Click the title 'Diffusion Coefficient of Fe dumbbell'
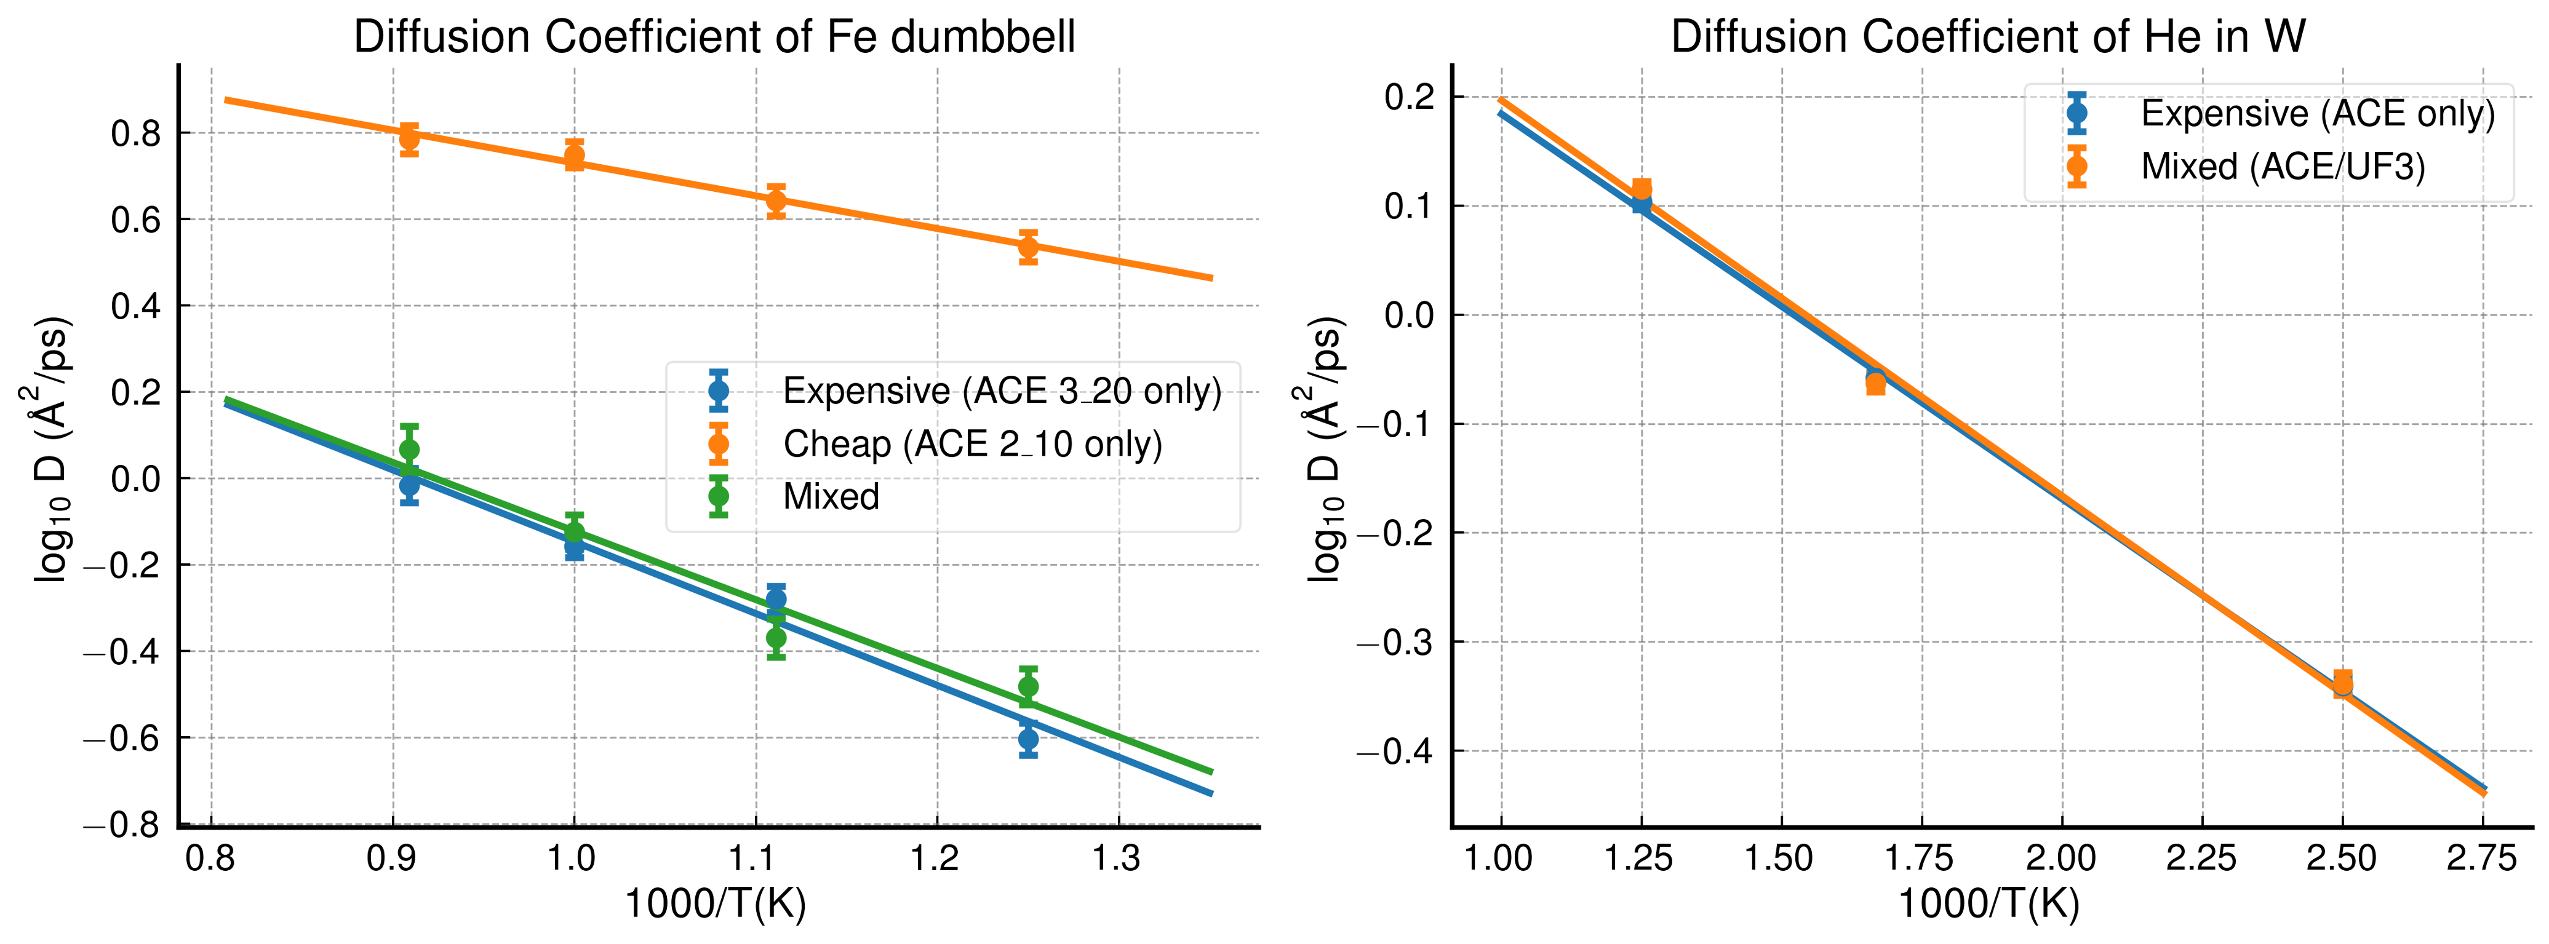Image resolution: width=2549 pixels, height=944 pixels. coord(714,37)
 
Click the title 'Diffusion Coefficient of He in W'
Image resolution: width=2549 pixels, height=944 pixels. coord(1988,37)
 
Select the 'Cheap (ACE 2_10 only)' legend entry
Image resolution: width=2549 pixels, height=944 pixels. coord(971,444)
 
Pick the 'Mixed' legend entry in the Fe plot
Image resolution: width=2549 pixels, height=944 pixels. coord(830,496)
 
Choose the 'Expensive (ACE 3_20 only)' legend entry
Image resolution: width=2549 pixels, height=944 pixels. coord(1002,391)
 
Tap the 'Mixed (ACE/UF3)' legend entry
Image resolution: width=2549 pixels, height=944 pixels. coord(2283,166)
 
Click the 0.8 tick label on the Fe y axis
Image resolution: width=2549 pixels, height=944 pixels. coord(137,133)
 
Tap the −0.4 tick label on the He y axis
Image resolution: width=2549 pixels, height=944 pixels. coord(1396,752)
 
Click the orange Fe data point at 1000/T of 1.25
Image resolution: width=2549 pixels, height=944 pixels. coord(1028,247)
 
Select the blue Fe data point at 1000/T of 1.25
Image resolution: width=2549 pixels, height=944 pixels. coord(1028,739)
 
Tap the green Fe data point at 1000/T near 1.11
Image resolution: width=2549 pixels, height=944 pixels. coord(776,638)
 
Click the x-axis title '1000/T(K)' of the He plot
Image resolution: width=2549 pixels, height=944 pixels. coord(1988,903)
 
